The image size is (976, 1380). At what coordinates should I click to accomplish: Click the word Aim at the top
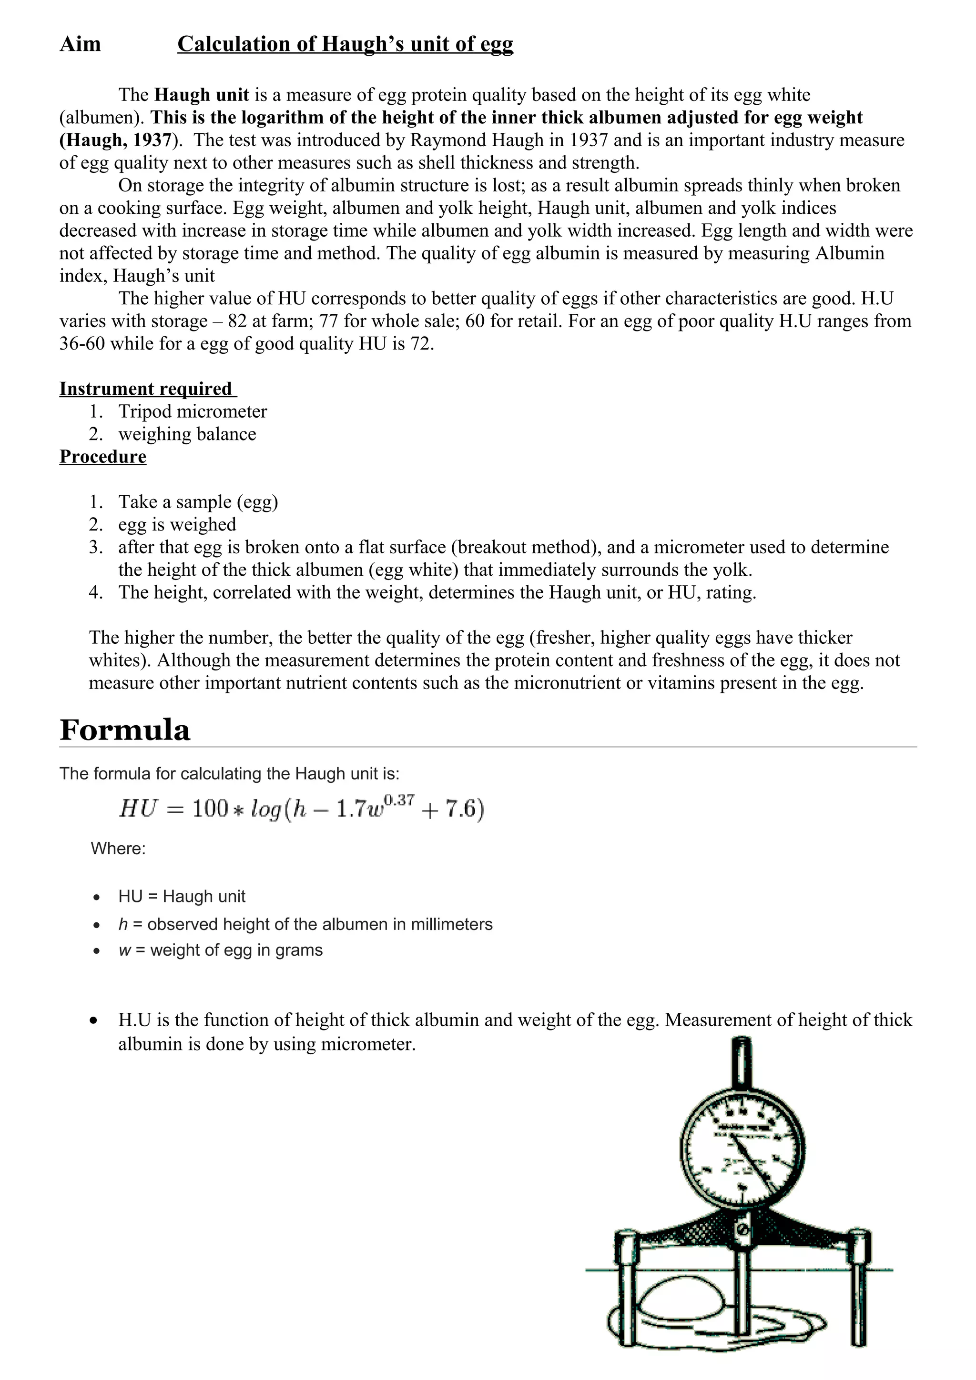click(80, 44)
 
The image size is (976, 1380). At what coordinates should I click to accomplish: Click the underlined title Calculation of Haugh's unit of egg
click(345, 44)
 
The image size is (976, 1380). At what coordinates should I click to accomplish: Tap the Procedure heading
click(103, 456)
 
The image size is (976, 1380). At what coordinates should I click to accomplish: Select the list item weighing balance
click(187, 434)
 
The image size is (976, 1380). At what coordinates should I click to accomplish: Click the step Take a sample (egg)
click(198, 501)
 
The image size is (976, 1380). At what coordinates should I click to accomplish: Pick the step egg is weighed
click(177, 524)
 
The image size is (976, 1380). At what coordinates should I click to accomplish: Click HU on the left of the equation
click(138, 809)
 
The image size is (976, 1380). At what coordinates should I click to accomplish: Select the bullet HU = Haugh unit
click(182, 896)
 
